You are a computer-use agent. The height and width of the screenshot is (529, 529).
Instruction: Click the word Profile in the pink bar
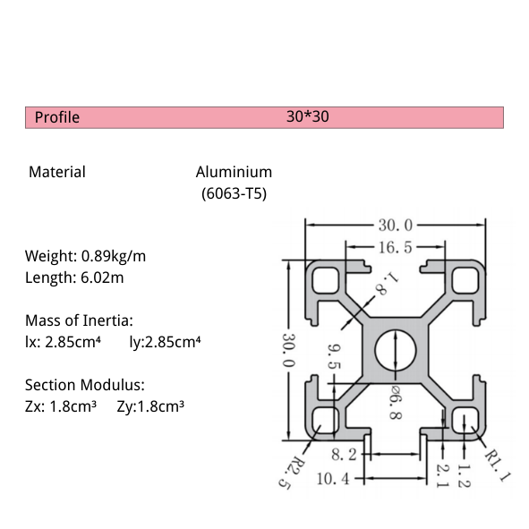(57, 117)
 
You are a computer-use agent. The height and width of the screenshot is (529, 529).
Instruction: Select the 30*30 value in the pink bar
(308, 117)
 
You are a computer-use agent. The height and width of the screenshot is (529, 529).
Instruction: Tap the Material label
(57, 172)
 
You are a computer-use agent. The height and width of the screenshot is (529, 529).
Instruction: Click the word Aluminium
(234, 172)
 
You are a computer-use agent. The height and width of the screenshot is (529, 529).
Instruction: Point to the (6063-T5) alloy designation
(234, 192)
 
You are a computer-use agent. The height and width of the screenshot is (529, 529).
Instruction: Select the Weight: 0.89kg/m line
(85, 256)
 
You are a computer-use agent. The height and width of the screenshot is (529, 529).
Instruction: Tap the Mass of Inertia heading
(79, 320)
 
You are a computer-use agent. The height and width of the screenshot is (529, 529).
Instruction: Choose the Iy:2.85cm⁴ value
(165, 341)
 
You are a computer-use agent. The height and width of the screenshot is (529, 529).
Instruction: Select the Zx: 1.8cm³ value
(60, 406)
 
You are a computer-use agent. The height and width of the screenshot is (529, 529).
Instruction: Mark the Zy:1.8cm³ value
(150, 406)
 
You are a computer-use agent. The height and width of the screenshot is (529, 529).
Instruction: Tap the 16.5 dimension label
(395, 247)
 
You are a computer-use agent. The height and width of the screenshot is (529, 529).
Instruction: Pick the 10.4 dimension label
(334, 479)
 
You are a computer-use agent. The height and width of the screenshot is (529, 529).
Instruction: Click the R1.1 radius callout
(495, 466)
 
